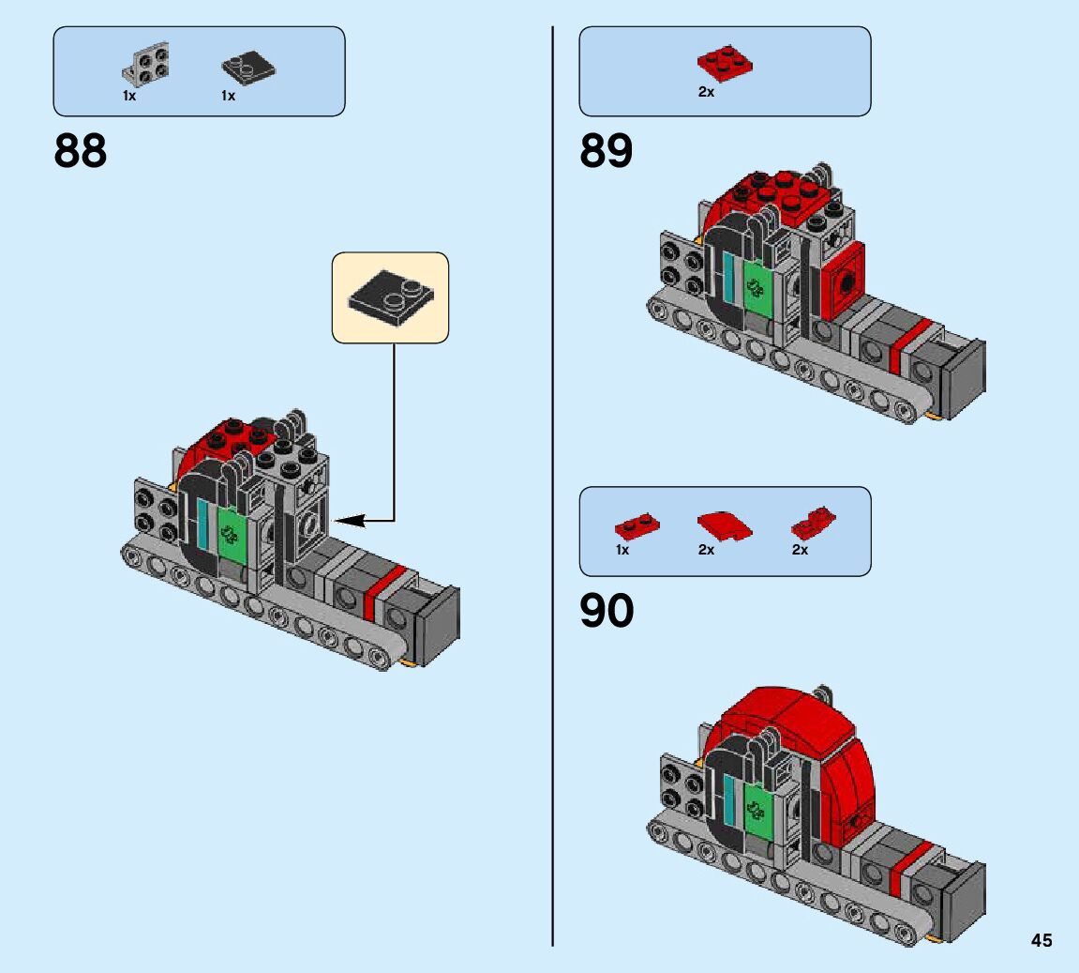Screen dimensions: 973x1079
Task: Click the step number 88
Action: (81, 151)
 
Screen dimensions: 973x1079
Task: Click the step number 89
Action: (607, 151)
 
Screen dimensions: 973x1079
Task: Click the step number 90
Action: (607, 611)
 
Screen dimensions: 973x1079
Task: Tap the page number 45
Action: (1042, 940)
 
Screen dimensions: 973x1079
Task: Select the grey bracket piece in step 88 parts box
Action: (146, 64)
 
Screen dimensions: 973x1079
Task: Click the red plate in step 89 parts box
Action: (726, 63)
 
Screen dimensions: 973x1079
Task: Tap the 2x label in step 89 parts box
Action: (706, 92)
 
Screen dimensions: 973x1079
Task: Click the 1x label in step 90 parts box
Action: (622, 550)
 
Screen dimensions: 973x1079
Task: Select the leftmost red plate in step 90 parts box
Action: (637, 526)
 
